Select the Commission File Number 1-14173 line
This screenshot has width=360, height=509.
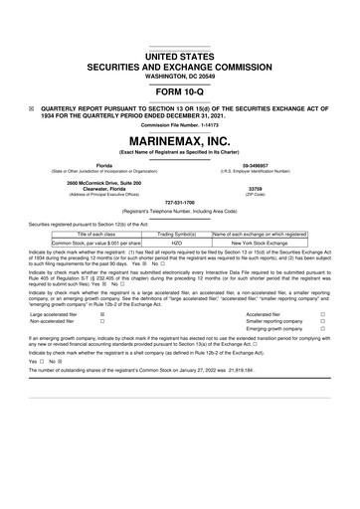tap(180, 123)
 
